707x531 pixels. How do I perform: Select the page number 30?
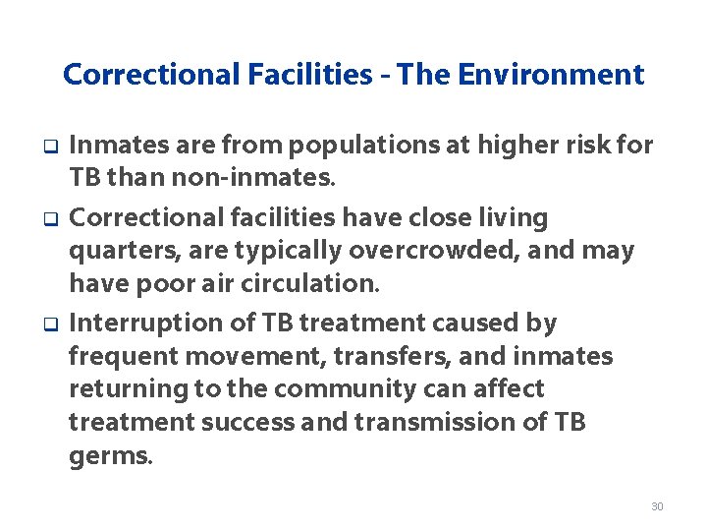657,505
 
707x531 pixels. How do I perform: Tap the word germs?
110,457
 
